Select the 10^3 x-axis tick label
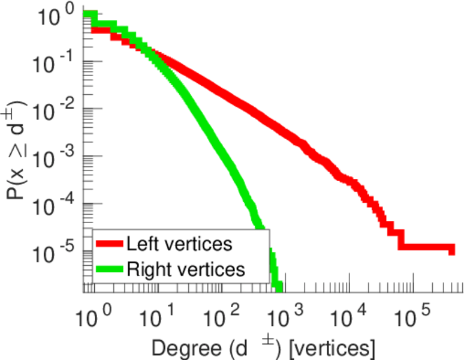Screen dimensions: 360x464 click(x=285, y=313)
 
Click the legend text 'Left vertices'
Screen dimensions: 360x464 click(x=179, y=244)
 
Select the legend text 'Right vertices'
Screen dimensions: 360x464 click(x=185, y=269)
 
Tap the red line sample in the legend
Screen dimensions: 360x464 click(x=109, y=245)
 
